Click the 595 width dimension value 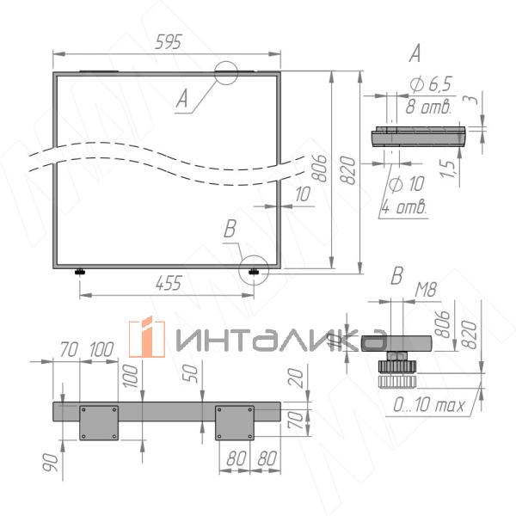coord(169,42)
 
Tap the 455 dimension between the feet coord(169,283)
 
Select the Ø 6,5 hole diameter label coord(431,84)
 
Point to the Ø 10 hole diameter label coord(407,183)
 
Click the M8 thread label coord(426,290)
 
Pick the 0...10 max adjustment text coord(429,405)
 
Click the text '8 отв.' coord(428,107)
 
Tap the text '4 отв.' coord(404,207)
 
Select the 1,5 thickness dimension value coord(449,169)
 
